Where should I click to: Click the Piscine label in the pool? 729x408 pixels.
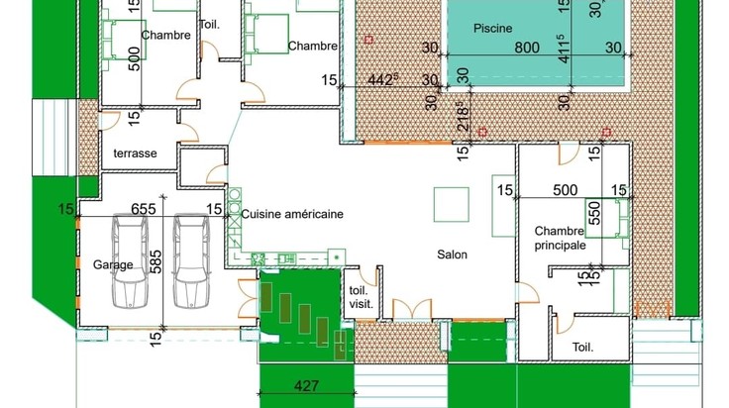point(493,29)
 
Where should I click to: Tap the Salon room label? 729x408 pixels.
point(452,255)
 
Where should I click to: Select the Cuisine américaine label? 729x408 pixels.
point(292,214)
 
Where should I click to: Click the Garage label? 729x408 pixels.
point(113,264)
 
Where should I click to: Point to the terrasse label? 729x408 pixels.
point(135,153)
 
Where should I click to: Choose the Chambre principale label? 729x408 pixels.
point(560,238)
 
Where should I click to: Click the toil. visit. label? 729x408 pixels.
point(362,298)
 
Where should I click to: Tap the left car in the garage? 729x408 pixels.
point(130,260)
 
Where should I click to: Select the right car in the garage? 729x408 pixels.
point(191,260)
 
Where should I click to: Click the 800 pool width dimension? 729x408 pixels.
point(527,48)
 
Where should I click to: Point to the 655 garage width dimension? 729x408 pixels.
point(144,209)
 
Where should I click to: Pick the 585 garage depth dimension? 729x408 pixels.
point(156,262)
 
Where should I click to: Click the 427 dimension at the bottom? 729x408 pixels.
point(306,385)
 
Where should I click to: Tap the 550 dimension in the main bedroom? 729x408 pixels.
point(594,213)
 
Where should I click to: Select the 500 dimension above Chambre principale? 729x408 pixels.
point(566,190)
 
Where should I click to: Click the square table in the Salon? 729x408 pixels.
point(452,204)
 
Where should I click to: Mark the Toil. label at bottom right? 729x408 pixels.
point(582,348)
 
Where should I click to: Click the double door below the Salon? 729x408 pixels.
point(412,310)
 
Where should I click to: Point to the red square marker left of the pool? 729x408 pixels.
point(368,40)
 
